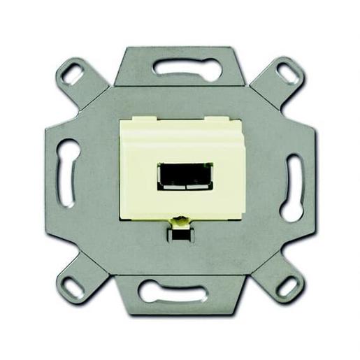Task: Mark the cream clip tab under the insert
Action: coord(180,222)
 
